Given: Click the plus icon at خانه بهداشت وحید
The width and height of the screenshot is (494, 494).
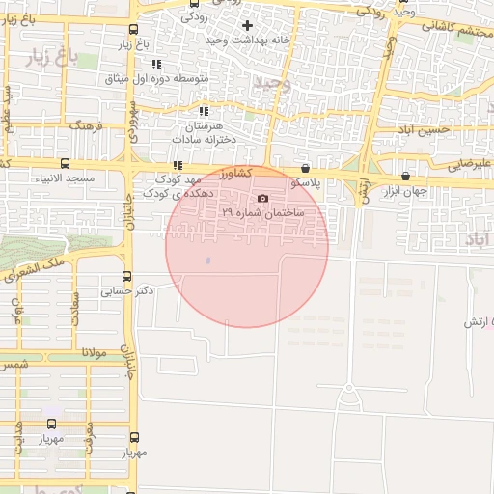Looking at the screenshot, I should pyautogui.click(x=247, y=25).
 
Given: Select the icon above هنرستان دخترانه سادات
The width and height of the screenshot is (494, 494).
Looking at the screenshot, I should pyautogui.click(x=203, y=112).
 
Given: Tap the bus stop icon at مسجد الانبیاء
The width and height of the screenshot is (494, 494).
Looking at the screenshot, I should pyautogui.click(x=65, y=163).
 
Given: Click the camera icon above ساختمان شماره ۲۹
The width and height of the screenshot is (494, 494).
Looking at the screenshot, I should pyautogui.click(x=262, y=198).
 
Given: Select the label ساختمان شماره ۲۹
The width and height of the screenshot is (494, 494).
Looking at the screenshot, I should pyautogui.click(x=262, y=211).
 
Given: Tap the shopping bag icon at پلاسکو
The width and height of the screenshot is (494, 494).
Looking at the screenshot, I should pyautogui.click(x=306, y=167).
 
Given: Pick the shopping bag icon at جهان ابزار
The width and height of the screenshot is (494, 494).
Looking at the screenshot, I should pyautogui.click(x=404, y=177).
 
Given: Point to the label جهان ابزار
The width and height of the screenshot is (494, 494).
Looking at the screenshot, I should pyautogui.click(x=404, y=191).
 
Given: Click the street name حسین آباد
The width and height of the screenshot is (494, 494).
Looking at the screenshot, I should pyautogui.click(x=427, y=129).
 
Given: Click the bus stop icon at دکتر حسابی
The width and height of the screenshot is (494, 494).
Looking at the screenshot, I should pyautogui.click(x=126, y=276).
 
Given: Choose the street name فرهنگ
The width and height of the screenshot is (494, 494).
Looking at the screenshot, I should pyautogui.click(x=85, y=125).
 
